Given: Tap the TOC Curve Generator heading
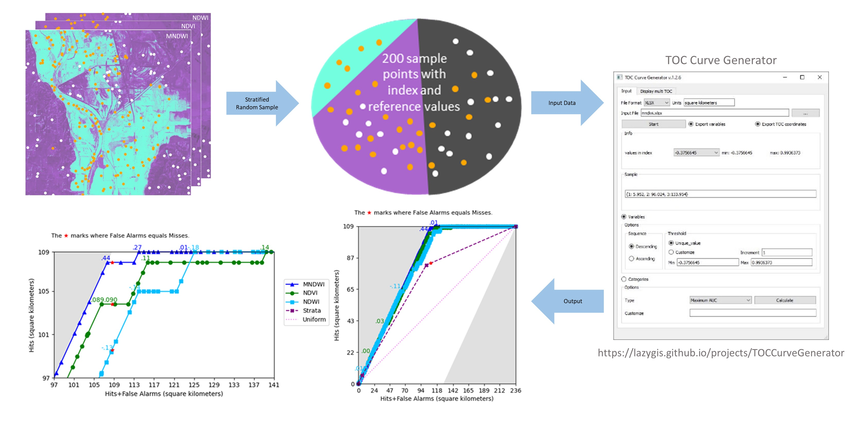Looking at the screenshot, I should pyautogui.click(x=721, y=60).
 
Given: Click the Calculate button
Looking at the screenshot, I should pyautogui.click(x=785, y=300).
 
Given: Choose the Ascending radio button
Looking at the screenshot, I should pyautogui.click(x=632, y=259).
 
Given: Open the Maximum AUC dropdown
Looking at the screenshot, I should pyautogui.click(x=720, y=300).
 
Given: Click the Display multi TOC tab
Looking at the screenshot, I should pyautogui.click(x=656, y=91).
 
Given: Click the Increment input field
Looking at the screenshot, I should pyautogui.click(x=787, y=253).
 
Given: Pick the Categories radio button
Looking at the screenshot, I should pyautogui.click(x=624, y=279).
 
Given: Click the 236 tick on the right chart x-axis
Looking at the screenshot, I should pyautogui.click(x=516, y=391).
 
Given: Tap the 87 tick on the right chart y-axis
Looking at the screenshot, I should pyautogui.click(x=350, y=258).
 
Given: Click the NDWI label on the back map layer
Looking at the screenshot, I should pyautogui.click(x=200, y=18).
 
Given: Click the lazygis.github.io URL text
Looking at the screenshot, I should pyautogui.click(x=721, y=353).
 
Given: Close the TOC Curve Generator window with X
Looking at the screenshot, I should pyautogui.click(x=820, y=77).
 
